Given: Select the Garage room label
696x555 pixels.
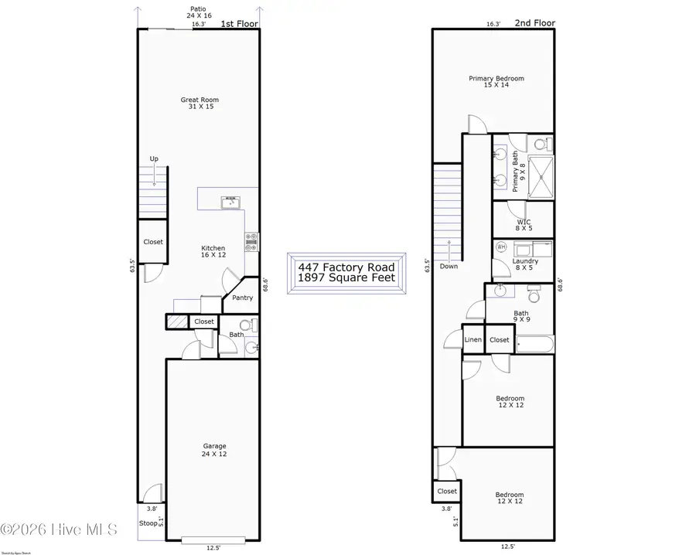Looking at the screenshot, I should point(214,450).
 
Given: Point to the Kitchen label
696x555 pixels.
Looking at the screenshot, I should point(213,252).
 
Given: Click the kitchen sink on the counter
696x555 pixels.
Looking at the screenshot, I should point(230,203).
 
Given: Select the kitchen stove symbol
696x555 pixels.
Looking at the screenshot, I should point(251,243).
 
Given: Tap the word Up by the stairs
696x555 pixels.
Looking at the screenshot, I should point(154,159).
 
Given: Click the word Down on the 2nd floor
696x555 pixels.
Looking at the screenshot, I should point(449,266).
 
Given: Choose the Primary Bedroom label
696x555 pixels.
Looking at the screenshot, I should point(496,81).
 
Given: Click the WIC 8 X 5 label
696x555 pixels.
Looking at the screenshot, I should point(524,225).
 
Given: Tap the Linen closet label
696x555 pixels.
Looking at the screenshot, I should point(473,340).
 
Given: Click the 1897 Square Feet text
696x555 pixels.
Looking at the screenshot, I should point(346,277).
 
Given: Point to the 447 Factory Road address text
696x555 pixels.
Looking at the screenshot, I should point(346,267).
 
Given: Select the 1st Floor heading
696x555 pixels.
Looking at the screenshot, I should point(239,24).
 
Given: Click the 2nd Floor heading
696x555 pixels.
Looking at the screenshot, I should point(535,24).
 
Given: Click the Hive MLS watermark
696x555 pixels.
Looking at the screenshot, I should point(60,530).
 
